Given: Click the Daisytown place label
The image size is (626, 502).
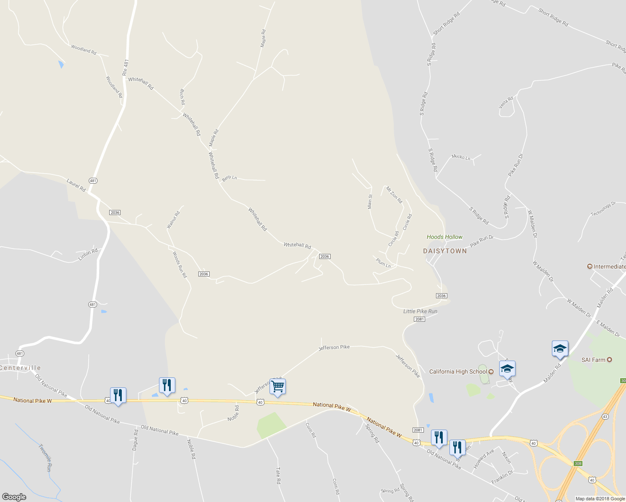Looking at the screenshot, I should [x=445, y=251].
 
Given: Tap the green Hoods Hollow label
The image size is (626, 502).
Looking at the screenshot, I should [x=444, y=237].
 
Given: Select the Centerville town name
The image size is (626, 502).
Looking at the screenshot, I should [x=20, y=368].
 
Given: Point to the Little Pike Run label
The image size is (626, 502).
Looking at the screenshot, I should [x=420, y=311].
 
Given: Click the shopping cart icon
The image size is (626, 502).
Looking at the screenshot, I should [x=277, y=387].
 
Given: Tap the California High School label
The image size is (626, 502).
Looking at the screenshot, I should [x=458, y=371].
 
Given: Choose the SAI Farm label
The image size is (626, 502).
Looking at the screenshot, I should [x=593, y=360].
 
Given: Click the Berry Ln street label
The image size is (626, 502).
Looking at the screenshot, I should [x=229, y=178].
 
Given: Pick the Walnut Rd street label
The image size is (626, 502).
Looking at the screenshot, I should [x=173, y=220].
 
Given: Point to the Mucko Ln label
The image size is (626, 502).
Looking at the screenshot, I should [x=461, y=157].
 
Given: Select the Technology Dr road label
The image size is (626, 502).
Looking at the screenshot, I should [x=603, y=209].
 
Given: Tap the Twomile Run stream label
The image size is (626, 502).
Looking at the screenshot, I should [x=45, y=458].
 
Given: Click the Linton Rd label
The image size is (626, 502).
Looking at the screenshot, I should [x=88, y=254].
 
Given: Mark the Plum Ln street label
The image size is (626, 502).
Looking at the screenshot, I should [x=383, y=263].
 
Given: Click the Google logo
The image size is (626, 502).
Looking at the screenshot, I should [x=14, y=497].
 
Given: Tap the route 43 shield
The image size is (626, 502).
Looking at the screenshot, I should [x=605, y=417].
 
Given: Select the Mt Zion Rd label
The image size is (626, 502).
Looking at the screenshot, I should [x=394, y=195].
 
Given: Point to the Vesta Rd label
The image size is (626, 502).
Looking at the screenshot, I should [x=506, y=102].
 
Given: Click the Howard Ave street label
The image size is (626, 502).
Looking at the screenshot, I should [x=484, y=458].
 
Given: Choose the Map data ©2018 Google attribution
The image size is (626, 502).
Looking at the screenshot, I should [x=600, y=498].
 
